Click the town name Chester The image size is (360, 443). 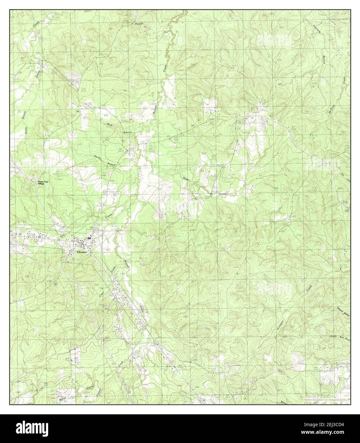82,251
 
